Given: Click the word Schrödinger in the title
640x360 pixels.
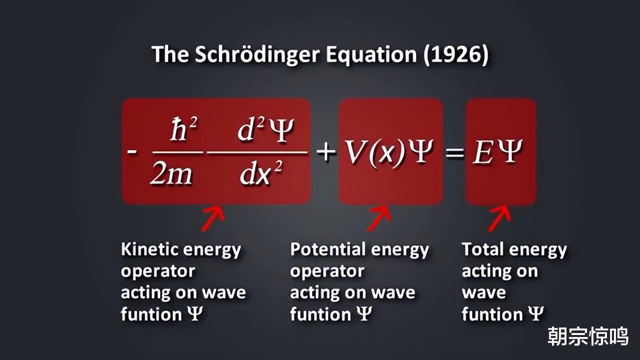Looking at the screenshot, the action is point(256,54).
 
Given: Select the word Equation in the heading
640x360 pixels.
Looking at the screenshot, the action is point(371,55).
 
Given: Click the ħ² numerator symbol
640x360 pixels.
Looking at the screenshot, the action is point(183,129).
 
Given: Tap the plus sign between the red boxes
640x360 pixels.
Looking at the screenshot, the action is point(325,151).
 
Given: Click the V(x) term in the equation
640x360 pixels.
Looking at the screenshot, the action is point(375,152).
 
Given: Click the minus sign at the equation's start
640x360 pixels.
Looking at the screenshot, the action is point(131,151).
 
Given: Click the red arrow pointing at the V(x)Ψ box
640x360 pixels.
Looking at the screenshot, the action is point(379,218).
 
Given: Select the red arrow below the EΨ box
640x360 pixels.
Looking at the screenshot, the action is point(499,218).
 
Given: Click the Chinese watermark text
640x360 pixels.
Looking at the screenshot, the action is point(588,336).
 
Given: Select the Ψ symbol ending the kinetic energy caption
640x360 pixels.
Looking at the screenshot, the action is point(195,313).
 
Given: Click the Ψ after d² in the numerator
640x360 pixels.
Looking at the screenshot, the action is point(281,130).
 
